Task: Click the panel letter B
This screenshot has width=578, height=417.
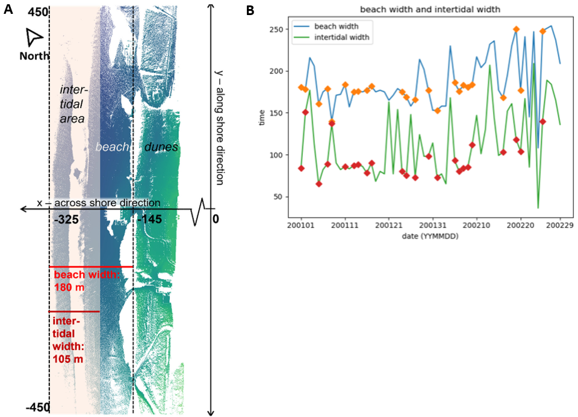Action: click(250, 10)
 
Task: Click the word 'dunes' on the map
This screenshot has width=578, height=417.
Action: click(161, 146)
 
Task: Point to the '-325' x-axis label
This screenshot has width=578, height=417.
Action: click(66, 220)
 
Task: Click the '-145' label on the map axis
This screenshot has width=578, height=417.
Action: click(149, 220)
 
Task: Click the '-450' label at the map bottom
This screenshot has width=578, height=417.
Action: click(37, 408)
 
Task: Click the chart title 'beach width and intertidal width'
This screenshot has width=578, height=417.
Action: click(430, 10)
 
